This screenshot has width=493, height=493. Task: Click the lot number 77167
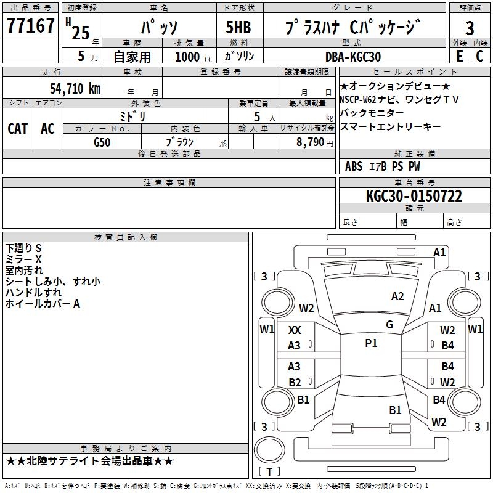coord(30,25)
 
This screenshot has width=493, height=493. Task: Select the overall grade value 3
coord(470,28)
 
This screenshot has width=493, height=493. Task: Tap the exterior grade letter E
coord(459,56)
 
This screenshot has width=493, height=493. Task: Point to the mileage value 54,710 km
coord(75,89)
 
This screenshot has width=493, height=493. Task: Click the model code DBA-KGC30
coord(352,57)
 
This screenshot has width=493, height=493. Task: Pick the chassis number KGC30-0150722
coord(414,196)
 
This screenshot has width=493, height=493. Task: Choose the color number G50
coord(102,142)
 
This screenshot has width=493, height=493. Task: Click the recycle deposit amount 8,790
coord(311,142)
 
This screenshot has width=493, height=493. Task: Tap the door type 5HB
coord(238,27)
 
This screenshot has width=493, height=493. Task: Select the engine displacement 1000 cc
coord(194,57)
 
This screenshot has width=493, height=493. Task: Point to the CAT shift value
coord(18,129)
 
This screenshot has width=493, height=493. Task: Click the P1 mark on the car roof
coord(371,343)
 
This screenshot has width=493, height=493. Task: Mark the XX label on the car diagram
coord(295,330)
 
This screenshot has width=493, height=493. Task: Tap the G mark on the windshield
coord(389,325)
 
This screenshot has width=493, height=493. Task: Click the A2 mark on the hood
coord(397,296)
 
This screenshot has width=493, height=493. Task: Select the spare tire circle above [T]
coord(269,449)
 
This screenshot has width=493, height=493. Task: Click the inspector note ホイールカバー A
coord(43,304)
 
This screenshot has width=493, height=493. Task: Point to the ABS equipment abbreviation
coord(354,166)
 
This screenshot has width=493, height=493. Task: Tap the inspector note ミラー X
coord(23,259)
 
